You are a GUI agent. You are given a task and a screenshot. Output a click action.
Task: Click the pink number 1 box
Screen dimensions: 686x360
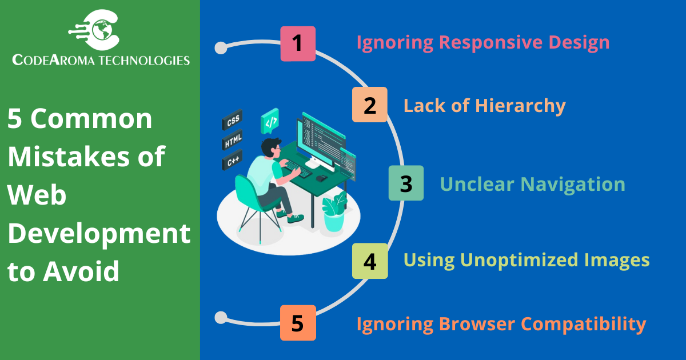coord(298,44)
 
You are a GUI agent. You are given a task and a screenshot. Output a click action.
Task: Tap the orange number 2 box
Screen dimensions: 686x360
coord(370,105)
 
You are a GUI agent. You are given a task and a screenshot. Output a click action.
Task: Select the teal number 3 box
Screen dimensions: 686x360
coord(406,183)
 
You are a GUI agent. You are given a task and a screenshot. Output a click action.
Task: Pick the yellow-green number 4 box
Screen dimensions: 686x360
coord(370,261)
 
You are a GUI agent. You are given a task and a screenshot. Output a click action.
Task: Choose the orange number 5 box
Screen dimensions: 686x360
coord(298,323)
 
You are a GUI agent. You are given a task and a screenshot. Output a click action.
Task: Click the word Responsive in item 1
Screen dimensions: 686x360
coord(491,42)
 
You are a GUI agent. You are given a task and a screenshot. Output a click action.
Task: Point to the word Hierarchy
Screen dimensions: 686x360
coord(520,106)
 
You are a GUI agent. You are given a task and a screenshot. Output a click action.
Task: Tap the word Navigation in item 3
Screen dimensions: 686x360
coord(573,184)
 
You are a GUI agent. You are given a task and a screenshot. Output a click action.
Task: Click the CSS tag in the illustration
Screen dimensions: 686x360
coord(232,119)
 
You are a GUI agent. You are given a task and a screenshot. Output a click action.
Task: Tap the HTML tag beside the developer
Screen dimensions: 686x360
coord(232,140)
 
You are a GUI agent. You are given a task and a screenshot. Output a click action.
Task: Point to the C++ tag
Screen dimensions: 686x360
coord(232,160)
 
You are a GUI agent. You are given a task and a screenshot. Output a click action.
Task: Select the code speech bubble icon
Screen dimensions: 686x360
coord(270,121)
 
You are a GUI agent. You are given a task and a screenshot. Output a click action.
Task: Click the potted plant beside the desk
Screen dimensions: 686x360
coord(334,212)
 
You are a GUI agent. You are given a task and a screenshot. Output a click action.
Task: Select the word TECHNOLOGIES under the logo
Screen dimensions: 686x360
coord(144,60)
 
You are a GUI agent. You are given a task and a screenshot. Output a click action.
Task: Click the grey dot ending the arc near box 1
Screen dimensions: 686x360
coord(221,48)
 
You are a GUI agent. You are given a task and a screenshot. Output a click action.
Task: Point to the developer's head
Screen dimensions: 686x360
coord(271,147)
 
